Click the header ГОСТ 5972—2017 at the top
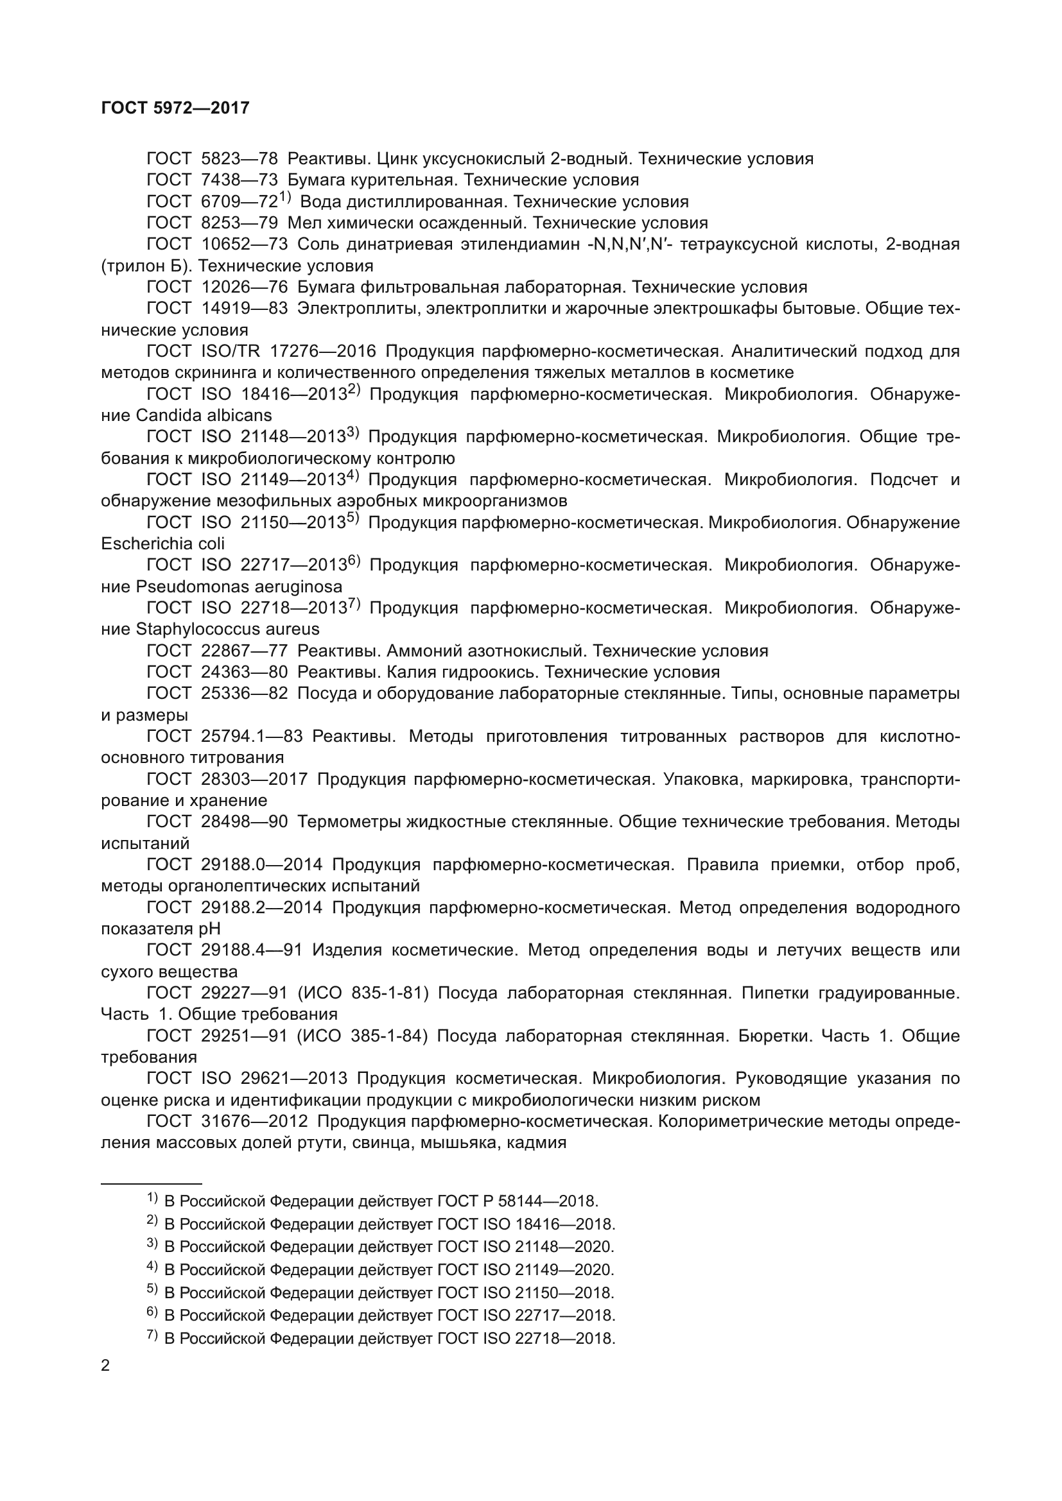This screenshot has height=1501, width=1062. (x=175, y=108)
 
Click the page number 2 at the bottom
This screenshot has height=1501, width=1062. (x=106, y=1366)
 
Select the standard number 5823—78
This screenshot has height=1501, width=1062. (x=239, y=159)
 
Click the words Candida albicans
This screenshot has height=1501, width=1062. (x=204, y=415)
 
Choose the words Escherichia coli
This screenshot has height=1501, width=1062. (x=163, y=544)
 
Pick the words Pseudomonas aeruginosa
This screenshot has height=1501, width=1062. (x=239, y=587)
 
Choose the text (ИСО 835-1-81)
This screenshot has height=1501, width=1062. (x=363, y=993)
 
